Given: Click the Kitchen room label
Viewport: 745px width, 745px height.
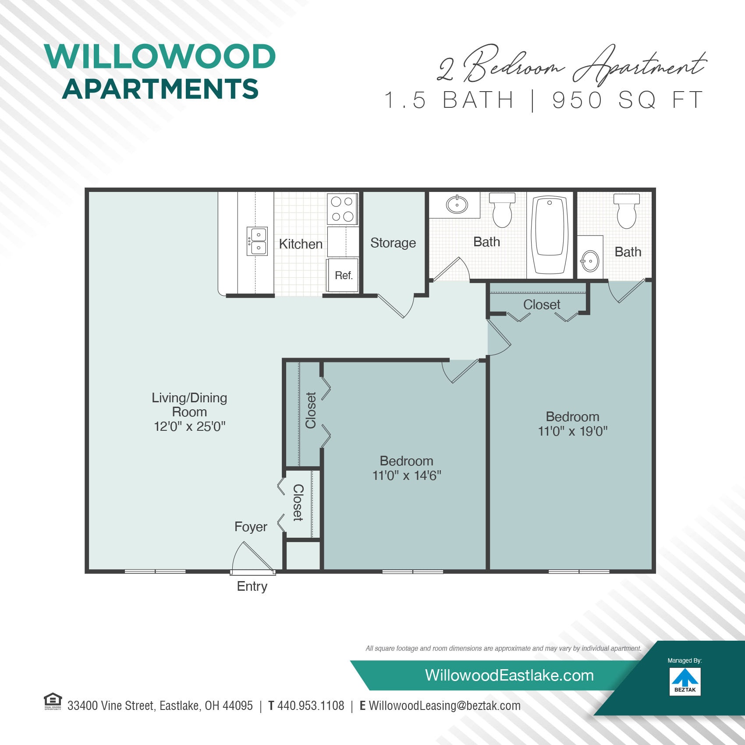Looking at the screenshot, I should pos(301,244).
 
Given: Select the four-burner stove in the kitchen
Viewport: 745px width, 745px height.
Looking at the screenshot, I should pos(342,209).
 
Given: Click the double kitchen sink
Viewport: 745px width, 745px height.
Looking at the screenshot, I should pos(257,241).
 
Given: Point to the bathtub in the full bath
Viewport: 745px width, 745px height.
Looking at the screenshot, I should pos(550,232).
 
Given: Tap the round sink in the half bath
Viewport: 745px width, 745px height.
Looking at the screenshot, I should pos(590,261).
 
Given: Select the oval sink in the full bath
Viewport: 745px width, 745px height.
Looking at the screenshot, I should pos(457,205).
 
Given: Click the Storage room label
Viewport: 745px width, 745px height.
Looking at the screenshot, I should pos(393,243).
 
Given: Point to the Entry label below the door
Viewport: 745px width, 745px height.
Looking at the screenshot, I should pos(252,586).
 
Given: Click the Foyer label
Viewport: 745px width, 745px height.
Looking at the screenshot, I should pos(251,527).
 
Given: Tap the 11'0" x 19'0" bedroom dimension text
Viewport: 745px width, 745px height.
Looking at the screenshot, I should pos(573,431).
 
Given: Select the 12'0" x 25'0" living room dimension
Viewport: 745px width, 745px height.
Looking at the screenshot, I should pos(189,426).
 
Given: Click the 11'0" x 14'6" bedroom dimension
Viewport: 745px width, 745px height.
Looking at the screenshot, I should pos(407,475).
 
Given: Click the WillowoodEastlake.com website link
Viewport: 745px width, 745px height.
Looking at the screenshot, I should pos(509,675).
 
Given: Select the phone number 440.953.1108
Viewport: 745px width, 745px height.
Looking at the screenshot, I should pos(311,706).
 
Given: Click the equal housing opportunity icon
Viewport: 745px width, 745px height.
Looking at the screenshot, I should pos(53,701).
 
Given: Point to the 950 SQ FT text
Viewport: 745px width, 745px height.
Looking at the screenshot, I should pos(628,100).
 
